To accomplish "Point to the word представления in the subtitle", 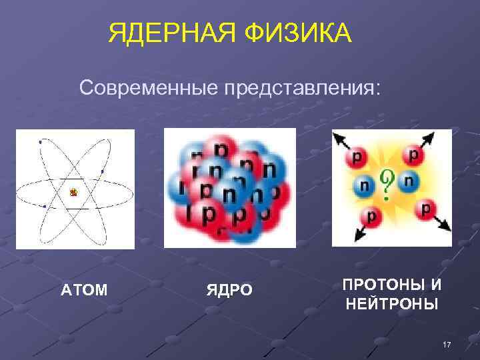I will [x=303, y=88].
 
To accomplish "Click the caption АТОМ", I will [x=85, y=290].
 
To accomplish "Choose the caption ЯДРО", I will [x=229, y=290].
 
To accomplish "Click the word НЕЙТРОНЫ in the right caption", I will [x=392, y=305].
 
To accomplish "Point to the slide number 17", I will [x=447, y=344].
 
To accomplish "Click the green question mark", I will [x=385, y=184].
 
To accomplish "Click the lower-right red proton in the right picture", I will [x=425, y=209].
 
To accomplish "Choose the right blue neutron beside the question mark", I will [x=408, y=180].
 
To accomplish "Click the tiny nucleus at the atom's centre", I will [x=74, y=193].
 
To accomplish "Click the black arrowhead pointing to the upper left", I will [x=337, y=136].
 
